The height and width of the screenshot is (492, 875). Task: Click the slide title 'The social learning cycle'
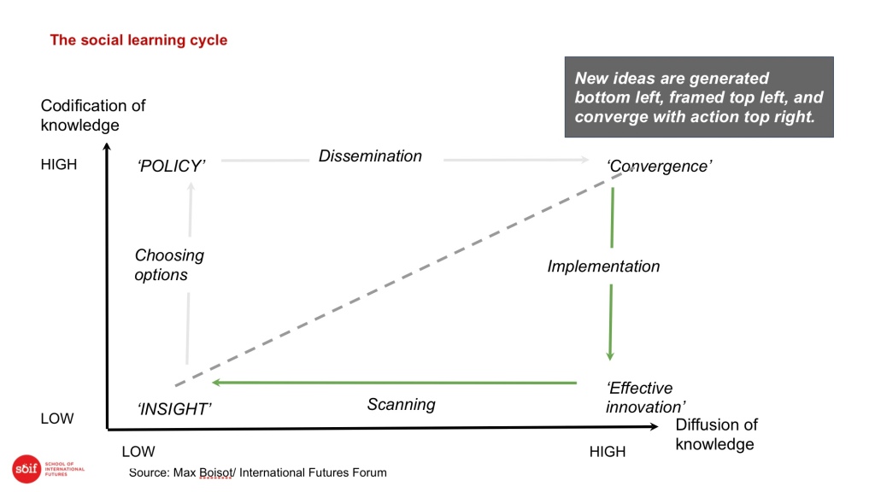click(x=138, y=40)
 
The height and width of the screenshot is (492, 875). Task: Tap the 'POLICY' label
click(x=171, y=167)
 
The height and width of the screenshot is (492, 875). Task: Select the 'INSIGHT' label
click(x=174, y=409)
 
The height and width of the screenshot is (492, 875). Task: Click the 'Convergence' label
click(x=659, y=167)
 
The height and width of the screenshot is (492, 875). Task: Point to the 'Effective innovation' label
click(x=646, y=398)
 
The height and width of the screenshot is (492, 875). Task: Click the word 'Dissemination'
click(x=370, y=156)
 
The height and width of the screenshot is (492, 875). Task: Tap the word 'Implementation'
click(x=603, y=266)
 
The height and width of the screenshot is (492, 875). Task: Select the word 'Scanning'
click(x=402, y=405)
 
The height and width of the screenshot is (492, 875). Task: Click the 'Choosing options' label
click(x=169, y=265)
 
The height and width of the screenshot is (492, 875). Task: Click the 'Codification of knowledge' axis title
click(x=93, y=115)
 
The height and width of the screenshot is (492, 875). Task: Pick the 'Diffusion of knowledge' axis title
click(x=717, y=435)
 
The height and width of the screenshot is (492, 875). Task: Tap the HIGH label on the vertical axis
click(x=59, y=165)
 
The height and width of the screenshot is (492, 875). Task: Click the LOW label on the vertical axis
click(x=57, y=419)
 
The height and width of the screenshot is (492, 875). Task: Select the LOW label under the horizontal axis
click(x=138, y=451)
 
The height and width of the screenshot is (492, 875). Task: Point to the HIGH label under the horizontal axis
click(x=608, y=451)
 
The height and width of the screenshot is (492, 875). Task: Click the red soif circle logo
click(x=26, y=469)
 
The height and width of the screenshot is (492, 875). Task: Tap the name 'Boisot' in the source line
click(x=215, y=473)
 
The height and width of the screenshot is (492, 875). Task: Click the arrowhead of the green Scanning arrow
click(x=216, y=383)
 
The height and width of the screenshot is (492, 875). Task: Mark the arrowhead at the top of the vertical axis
click(x=107, y=147)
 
